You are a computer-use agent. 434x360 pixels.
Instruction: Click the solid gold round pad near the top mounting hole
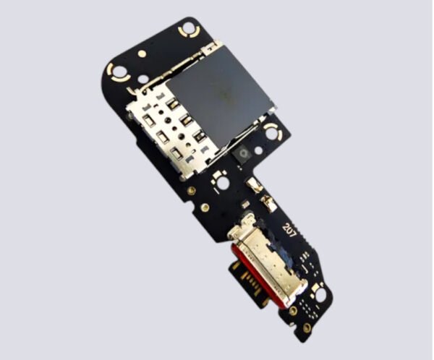(142, 53)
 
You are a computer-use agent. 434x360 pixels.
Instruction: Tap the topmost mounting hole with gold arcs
(189, 28)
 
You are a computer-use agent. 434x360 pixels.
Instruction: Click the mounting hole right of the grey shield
(273, 134)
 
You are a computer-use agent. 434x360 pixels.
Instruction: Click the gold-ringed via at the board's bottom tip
(307, 328)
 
